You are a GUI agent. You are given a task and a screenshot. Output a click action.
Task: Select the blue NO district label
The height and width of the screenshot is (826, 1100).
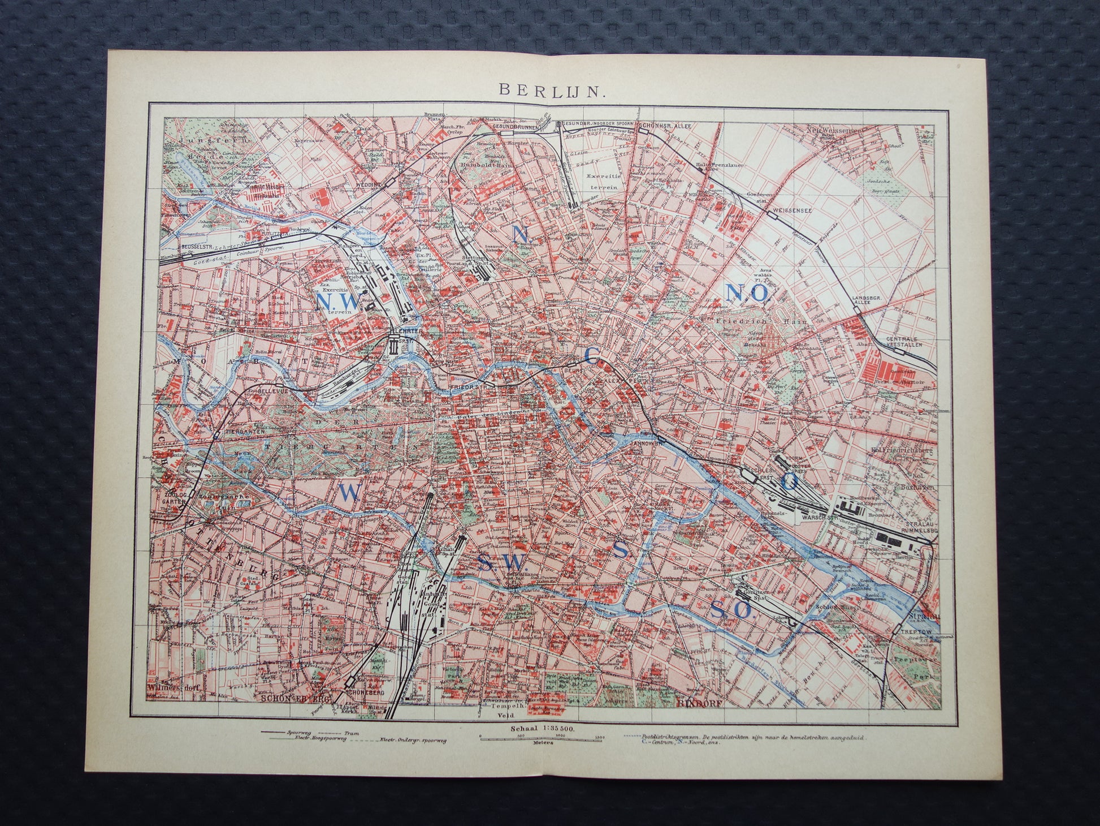(x=747, y=291)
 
